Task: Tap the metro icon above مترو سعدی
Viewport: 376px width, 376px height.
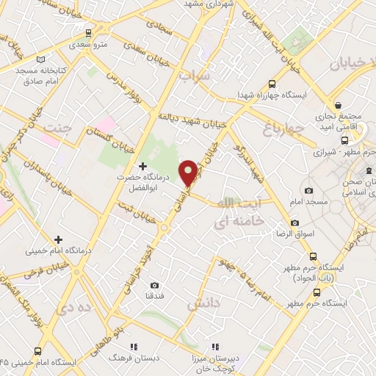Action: point(89,33)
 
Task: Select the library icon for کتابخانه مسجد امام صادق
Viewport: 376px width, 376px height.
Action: point(40,58)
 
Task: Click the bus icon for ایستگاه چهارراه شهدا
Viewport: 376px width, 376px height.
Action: point(272,84)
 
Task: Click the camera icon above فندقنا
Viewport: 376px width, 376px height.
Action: point(154,285)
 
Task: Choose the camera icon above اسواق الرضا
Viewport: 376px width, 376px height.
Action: point(294,223)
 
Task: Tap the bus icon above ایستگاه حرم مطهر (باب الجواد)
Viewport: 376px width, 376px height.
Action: point(314,256)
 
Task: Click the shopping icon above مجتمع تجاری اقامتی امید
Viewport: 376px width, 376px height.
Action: point(338,105)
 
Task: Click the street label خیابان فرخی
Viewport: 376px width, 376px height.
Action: point(26,271)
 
